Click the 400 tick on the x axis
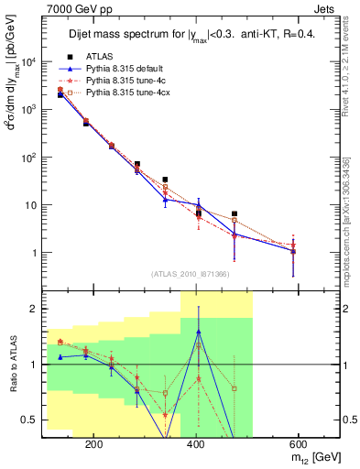196,443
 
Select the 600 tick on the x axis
299,443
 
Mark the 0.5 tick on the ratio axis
33,420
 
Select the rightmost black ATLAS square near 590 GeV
293,250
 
